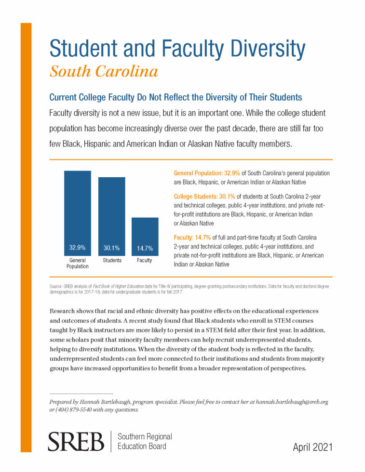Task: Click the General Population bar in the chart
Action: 78,213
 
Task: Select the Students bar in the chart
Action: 111,217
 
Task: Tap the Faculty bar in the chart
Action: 145,237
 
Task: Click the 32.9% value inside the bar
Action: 78,248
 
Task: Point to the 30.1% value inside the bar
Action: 111,248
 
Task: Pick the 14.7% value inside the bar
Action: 145,249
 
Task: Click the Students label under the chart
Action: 112,261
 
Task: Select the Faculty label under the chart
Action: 144,261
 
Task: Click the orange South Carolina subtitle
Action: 104,71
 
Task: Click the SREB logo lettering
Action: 76,442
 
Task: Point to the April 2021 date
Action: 312,447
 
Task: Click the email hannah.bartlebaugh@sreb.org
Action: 292,402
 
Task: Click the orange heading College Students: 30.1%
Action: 204,197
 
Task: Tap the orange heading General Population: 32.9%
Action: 207,173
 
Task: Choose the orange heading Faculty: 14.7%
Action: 192,237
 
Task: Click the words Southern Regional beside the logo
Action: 145,437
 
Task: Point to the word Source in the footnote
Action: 56,286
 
